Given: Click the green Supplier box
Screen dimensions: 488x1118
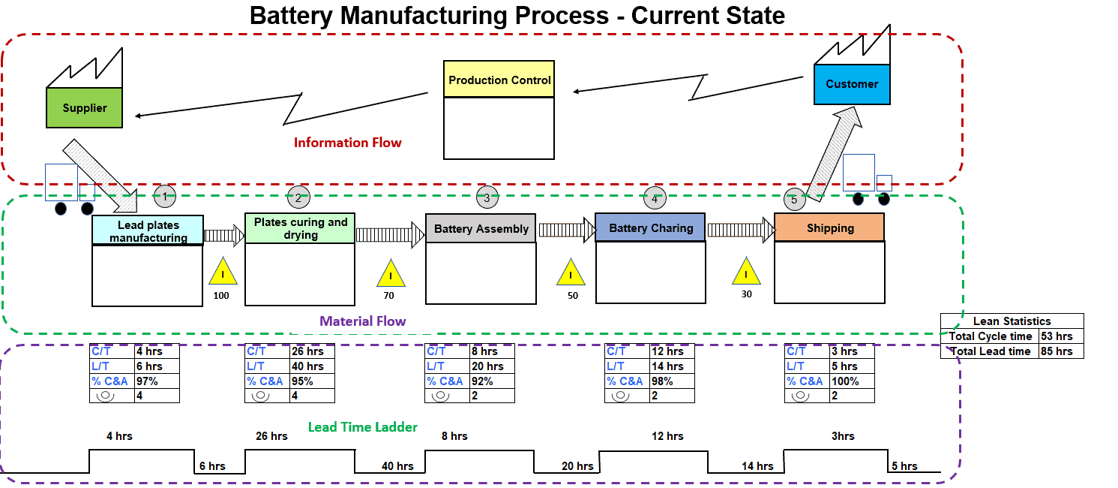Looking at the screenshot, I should pyautogui.click(x=84, y=108).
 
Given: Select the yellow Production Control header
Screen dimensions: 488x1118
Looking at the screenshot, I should pyautogui.click(x=499, y=80).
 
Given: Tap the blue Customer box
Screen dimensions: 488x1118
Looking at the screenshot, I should pyautogui.click(x=852, y=84).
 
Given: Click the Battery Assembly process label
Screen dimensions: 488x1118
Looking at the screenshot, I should pyautogui.click(x=481, y=228).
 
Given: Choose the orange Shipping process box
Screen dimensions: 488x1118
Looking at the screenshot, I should pyautogui.click(x=829, y=227).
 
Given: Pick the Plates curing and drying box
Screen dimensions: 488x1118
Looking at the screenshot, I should pyautogui.click(x=300, y=228).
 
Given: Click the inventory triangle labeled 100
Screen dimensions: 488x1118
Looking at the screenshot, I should pyautogui.click(x=222, y=273).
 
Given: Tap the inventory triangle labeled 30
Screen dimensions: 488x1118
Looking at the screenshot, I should pyautogui.click(x=746, y=273).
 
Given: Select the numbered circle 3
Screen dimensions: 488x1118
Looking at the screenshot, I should pyautogui.click(x=487, y=198).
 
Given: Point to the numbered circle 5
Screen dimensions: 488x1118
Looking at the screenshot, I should pyautogui.click(x=794, y=200).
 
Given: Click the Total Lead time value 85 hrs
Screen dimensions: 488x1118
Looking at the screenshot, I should pyautogui.click(x=1060, y=351).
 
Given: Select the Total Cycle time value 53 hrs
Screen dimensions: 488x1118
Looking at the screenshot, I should pyautogui.click(x=1060, y=336).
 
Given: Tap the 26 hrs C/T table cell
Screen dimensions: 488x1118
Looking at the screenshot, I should pyautogui.click(x=311, y=351).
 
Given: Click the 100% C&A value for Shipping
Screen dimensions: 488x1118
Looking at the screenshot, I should pyautogui.click(x=850, y=381).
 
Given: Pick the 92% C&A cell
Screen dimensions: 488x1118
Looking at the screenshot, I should pyautogui.click(x=491, y=381).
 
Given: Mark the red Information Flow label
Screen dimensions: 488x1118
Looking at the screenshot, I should pyautogui.click(x=347, y=143).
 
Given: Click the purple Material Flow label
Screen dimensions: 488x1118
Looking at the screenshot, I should pyautogui.click(x=363, y=321).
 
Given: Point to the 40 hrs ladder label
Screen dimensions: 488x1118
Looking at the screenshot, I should pyautogui.click(x=397, y=466).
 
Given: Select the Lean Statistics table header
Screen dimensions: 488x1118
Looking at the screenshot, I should pyautogui.click(x=1012, y=321).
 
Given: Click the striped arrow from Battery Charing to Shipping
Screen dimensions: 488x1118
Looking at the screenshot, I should pyautogui.click(x=740, y=230).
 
